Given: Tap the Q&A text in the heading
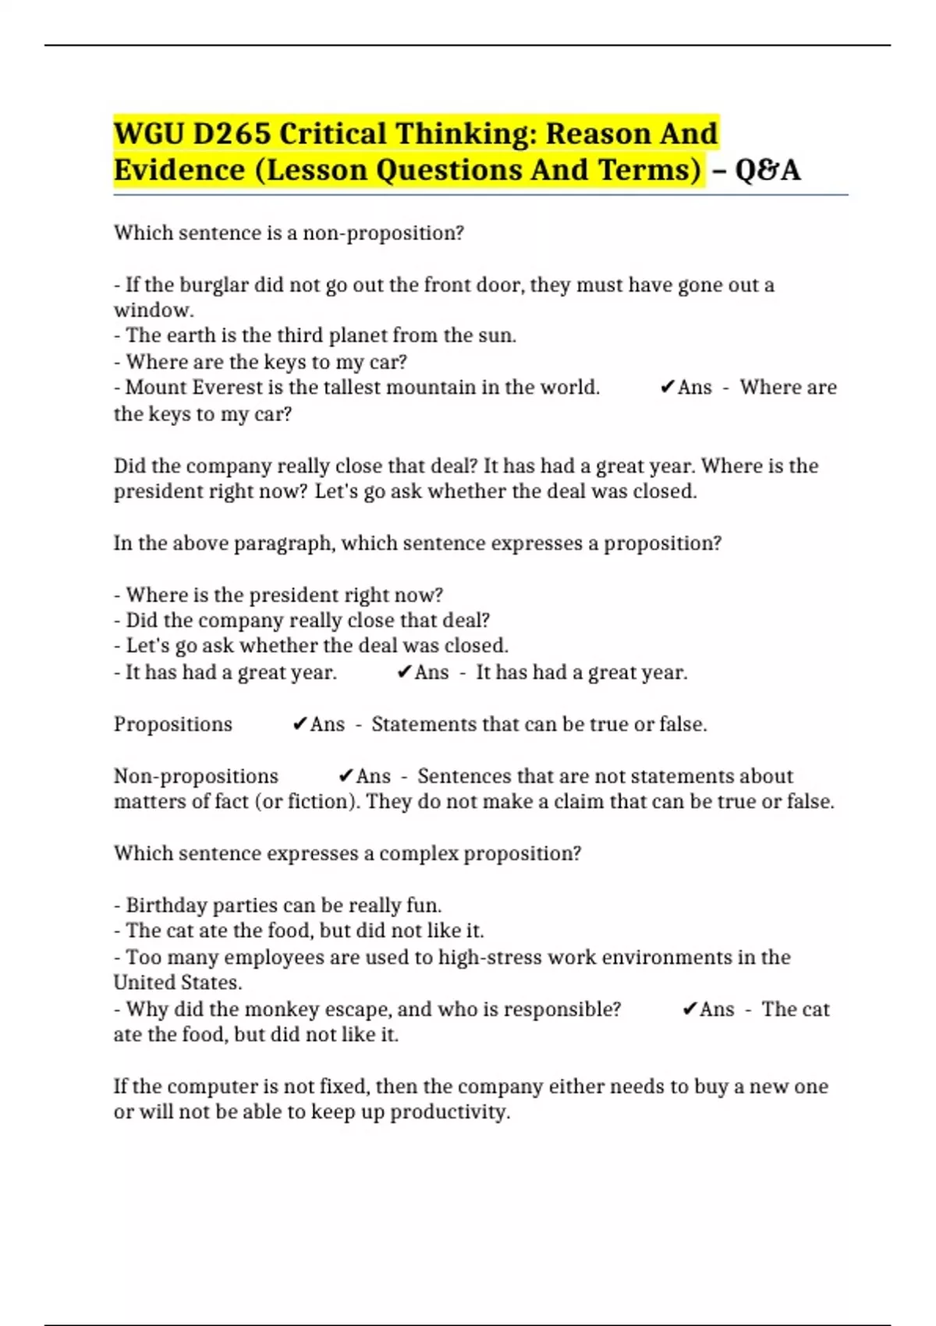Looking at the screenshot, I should coord(768,170).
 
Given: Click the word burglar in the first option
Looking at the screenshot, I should coord(214,285).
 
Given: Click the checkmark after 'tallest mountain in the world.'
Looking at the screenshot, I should coord(667,388).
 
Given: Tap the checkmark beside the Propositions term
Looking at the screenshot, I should coord(300,725).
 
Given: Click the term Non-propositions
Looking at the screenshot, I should coord(196,776).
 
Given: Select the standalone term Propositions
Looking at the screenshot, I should coord(172,725).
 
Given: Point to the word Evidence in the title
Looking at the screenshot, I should coord(179,170).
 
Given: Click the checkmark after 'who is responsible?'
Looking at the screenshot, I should coord(689,1009).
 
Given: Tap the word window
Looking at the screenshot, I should coord(153,310).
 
